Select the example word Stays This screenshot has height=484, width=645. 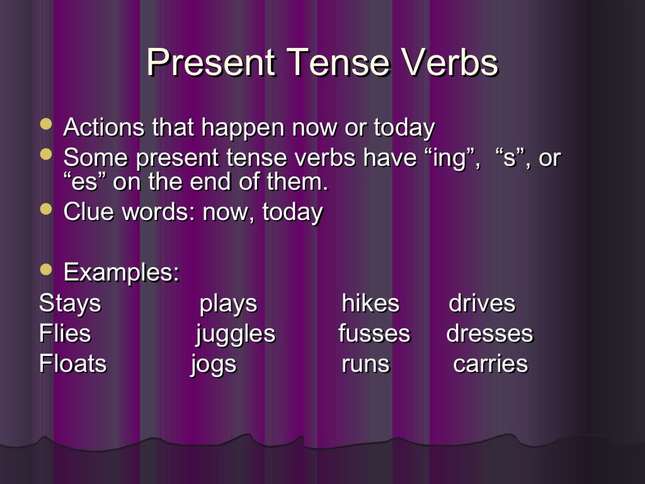click(x=69, y=303)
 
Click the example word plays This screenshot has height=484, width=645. click(x=228, y=304)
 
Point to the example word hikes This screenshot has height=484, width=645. click(x=370, y=303)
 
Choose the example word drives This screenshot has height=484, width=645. click(x=481, y=303)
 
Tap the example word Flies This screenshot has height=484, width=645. click(x=64, y=333)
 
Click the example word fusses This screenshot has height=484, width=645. click(x=374, y=333)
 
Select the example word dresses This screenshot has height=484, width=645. click(x=489, y=333)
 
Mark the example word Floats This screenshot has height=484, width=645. click(x=72, y=364)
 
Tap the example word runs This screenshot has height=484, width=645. click(x=365, y=364)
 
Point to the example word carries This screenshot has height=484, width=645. click(x=490, y=364)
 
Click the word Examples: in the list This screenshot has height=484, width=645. click(x=122, y=273)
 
